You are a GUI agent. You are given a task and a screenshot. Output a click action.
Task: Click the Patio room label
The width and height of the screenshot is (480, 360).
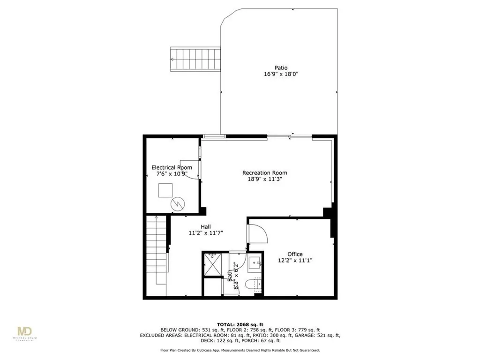pos(281,67)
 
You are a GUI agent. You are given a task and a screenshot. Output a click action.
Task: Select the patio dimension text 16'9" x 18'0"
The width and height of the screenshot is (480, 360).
pos(281,74)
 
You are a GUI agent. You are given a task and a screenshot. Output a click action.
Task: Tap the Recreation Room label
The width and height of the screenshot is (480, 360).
pos(264,172)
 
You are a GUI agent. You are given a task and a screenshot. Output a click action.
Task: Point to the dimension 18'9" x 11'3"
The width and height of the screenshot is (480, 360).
pos(264,179)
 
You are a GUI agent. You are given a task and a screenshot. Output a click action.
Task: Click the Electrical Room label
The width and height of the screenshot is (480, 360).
pos(172,167)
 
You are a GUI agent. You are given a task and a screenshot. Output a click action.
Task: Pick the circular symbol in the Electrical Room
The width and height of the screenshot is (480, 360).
pos(178,204)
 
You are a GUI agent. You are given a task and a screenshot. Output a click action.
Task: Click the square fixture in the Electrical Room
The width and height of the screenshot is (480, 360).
pos(165,190)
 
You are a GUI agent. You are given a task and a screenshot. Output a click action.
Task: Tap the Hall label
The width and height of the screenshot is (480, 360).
pos(206,227)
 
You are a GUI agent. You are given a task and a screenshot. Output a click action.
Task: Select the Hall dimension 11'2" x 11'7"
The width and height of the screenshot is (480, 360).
pos(206,233)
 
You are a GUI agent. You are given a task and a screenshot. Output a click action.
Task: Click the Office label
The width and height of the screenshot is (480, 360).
pos(295,254)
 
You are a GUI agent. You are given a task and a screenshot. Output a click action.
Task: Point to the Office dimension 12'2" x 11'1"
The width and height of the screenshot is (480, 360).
pos(295,261)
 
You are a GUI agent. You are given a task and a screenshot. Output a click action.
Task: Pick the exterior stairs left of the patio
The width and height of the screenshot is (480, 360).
pos(195,59)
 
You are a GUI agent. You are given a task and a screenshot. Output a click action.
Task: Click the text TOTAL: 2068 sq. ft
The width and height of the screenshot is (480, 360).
pos(240,324)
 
